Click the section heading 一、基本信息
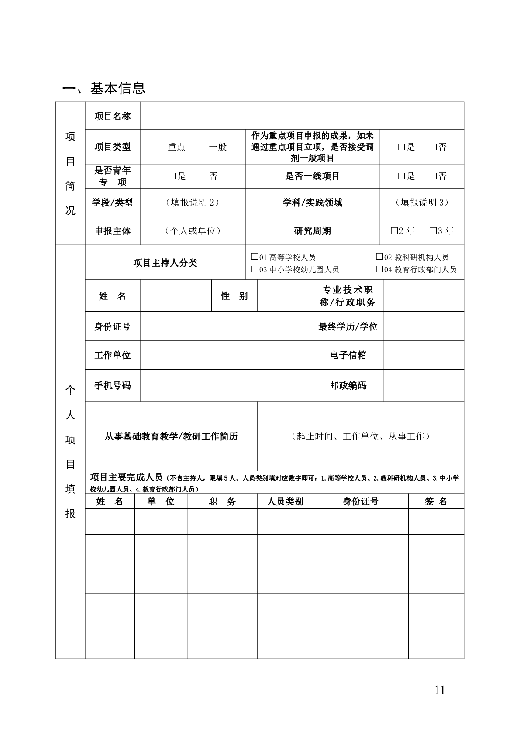click(104, 89)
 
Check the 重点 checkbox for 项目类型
click(163, 147)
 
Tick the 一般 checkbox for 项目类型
click(204, 147)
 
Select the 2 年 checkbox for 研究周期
click(394, 230)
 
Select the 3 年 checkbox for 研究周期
click(433, 230)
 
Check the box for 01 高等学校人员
click(255, 257)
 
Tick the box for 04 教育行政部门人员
click(379, 269)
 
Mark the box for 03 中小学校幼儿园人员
click(255, 269)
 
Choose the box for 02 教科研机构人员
click(379, 257)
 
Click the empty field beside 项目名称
click(301, 116)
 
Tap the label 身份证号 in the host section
click(112, 326)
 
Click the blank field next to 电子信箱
click(423, 355)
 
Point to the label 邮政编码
click(348, 385)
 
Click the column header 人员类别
click(285, 501)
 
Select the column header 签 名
click(436, 501)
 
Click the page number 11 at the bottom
click(439, 690)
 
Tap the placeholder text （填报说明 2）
click(192, 202)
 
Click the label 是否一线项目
click(312, 176)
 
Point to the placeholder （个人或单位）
click(192, 230)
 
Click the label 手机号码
click(112, 385)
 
